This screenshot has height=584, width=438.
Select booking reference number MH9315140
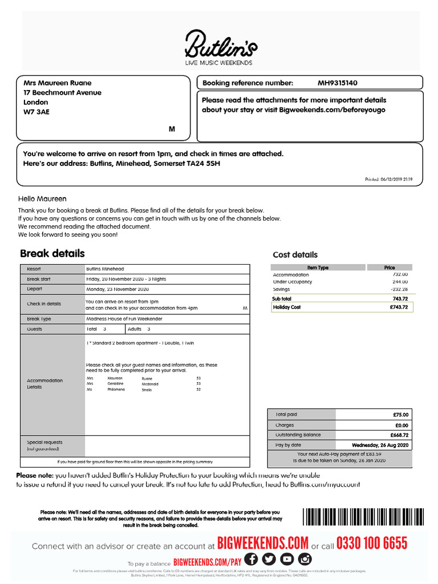[338, 83]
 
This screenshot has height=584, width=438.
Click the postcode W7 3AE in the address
[36, 112]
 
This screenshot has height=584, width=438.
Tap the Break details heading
[52, 253]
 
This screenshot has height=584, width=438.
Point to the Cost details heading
[295, 255]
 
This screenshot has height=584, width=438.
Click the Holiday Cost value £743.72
[399, 307]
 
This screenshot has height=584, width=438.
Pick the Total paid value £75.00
[400, 415]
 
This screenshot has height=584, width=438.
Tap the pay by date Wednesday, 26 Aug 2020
[380, 445]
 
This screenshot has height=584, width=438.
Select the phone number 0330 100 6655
[372, 544]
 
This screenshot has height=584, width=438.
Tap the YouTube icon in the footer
[287, 559]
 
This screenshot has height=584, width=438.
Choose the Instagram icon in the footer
[305, 559]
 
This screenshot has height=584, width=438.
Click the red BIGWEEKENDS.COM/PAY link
[208, 562]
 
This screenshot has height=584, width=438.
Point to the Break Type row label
[39, 319]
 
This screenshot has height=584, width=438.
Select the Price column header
[390, 267]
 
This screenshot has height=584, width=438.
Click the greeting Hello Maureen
[42, 199]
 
